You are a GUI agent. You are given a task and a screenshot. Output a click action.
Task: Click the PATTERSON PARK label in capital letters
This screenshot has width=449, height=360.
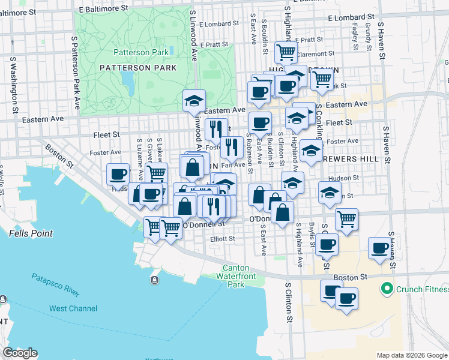[x=138, y=68]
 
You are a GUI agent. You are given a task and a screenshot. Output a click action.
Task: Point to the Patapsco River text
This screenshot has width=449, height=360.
[x=55, y=285]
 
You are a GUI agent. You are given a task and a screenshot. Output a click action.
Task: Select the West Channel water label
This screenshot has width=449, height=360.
[x=73, y=308]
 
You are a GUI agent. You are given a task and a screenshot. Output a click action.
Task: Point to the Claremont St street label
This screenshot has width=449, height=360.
[x=319, y=53]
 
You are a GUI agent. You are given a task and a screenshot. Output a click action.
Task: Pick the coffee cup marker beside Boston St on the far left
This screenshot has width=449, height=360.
[x=118, y=174]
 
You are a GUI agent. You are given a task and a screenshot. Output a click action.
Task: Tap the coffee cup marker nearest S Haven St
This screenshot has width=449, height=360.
[x=379, y=248]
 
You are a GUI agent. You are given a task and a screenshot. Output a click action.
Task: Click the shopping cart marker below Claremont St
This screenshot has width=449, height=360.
[x=322, y=78]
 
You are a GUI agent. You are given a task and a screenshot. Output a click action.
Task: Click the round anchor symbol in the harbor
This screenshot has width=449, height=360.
[x=155, y=280]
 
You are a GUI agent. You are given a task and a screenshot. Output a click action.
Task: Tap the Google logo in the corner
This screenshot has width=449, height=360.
[x=20, y=353]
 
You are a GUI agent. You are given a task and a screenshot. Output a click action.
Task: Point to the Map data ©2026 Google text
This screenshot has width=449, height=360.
[x=411, y=355]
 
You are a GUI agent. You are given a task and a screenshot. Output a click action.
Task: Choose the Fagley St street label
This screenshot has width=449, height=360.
[x=355, y=37]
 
